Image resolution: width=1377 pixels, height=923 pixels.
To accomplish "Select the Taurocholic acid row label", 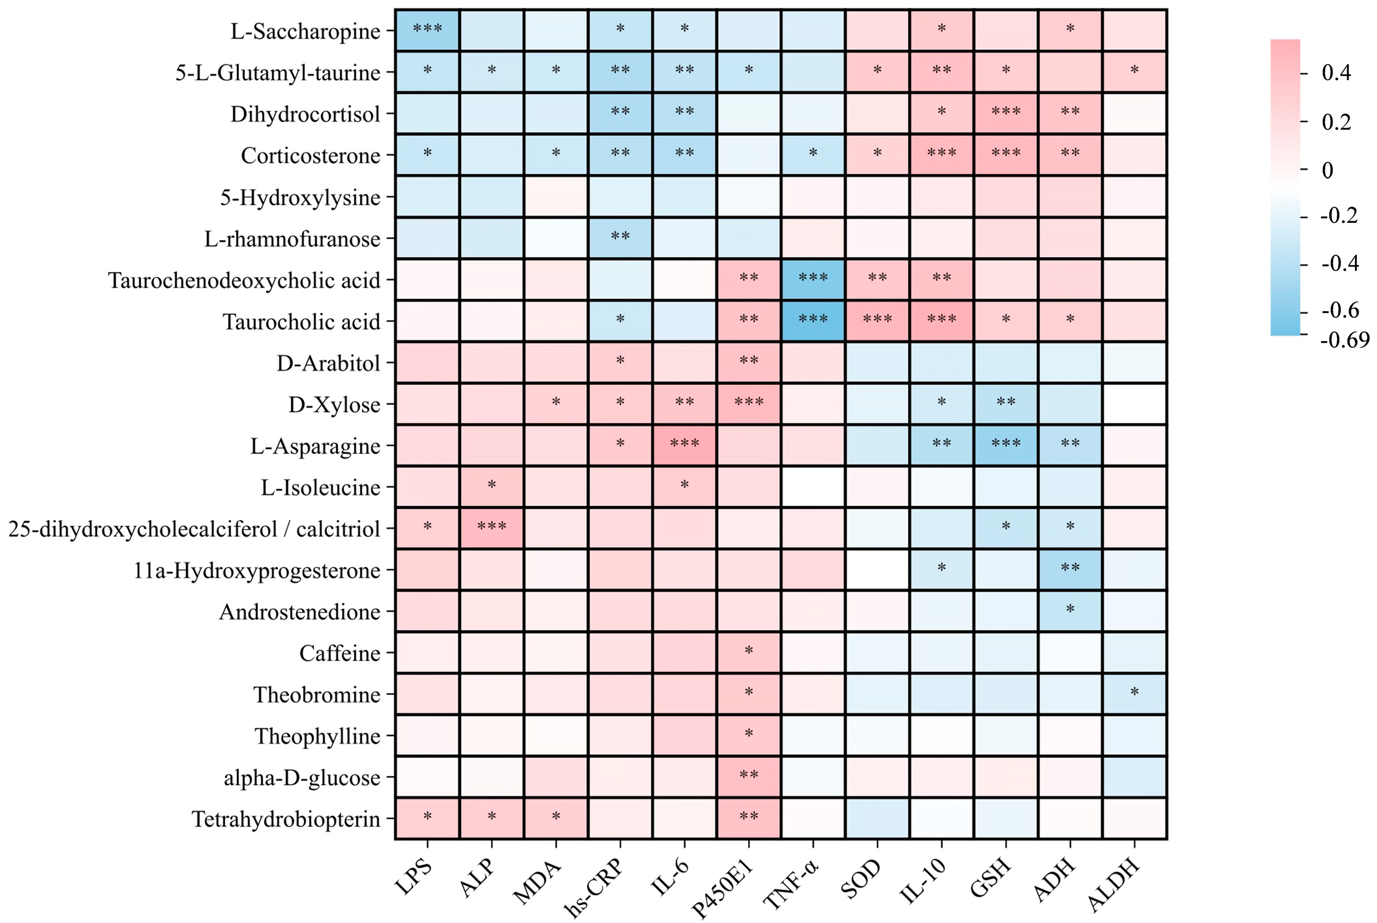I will pos(301,322).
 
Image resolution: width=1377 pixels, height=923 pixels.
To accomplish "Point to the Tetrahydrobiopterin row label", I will pos(286,819).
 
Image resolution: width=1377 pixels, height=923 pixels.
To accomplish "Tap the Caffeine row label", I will pos(340,653).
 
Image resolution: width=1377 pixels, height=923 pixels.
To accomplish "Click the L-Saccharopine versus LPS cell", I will pos(427,30).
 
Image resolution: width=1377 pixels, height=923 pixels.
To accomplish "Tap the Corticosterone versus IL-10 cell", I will pos(941,155).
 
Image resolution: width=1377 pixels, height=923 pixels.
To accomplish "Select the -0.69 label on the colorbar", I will pos(1345,340).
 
